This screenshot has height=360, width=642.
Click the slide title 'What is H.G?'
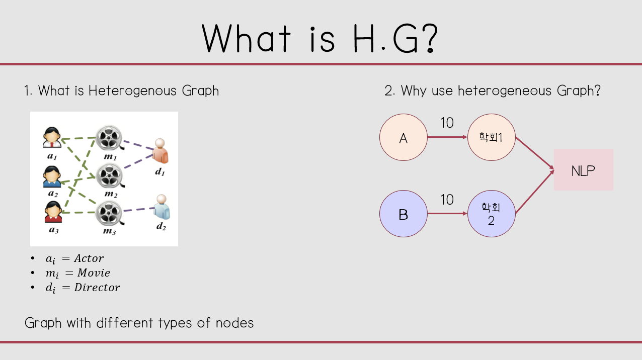(321, 38)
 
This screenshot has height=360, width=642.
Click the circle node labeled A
(403, 137)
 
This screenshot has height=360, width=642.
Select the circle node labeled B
(403, 214)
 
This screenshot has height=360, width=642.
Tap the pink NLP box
(583, 170)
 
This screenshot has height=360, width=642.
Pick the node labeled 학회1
(491, 137)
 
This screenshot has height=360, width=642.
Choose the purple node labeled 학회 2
(491, 214)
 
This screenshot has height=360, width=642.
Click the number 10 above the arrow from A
(447, 122)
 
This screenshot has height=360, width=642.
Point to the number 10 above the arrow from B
(447, 200)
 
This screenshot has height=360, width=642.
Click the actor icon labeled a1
(52, 138)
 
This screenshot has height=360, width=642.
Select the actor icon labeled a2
(52, 176)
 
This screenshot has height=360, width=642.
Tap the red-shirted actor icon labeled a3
(52, 212)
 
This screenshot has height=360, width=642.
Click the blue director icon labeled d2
(162, 207)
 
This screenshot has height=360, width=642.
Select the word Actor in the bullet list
(89, 258)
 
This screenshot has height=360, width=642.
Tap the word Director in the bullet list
(97, 288)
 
